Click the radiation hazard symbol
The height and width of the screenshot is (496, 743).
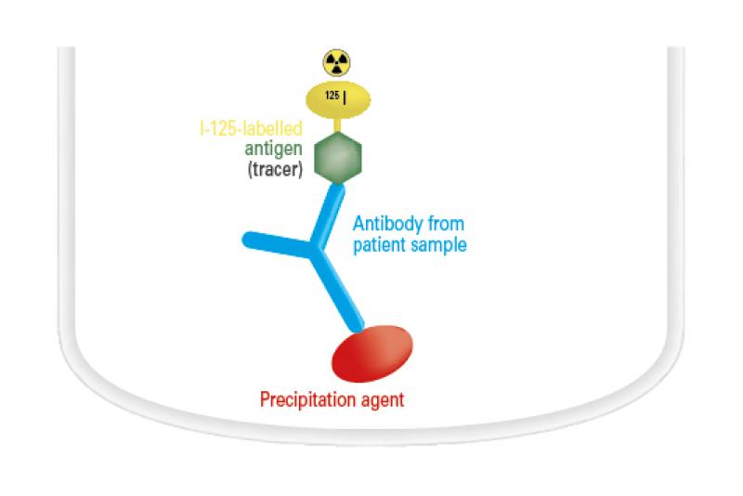click(x=336, y=62)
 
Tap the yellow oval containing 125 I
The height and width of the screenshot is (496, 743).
click(x=338, y=100)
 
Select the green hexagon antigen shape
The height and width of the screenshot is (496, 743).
click(x=338, y=157)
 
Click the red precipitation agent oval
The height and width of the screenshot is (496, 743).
click(x=372, y=353)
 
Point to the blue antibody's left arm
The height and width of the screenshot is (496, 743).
click(x=277, y=243)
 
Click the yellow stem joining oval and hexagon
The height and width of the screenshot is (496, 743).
click(x=337, y=125)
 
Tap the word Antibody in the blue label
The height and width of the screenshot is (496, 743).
click(x=388, y=224)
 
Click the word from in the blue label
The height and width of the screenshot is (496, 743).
click(x=446, y=224)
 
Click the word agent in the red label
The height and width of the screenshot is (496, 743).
click(x=383, y=400)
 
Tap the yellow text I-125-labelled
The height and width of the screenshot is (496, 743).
click(x=251, y=128)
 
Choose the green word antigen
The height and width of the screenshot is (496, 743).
click(x=273, y=149)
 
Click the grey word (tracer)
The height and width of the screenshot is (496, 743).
click(x=275, y=169)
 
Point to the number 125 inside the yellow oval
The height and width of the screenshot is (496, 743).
click(x=332, y=96)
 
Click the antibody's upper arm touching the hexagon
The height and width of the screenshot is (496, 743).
click(x=328, y=215)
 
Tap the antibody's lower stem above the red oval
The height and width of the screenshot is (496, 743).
click(x=337, y=291)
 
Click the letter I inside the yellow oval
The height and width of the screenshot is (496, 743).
click(x=345, y=98)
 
